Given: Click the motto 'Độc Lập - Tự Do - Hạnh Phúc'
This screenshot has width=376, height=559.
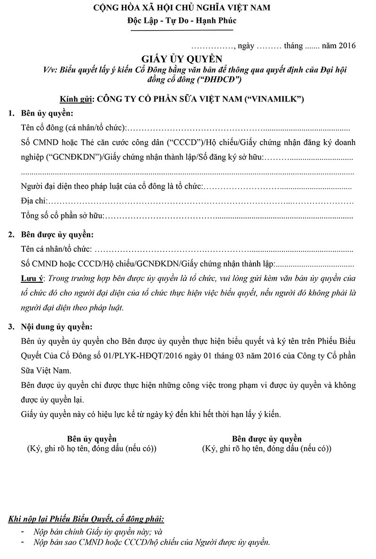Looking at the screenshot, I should click(x=181, y=21).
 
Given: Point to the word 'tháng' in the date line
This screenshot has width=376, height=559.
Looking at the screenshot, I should click(x=293, y=46).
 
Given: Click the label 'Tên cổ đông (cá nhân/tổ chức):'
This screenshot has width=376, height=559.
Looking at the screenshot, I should click(x=74, y=128).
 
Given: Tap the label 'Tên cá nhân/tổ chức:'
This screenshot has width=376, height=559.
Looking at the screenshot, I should click(x=57, y=249).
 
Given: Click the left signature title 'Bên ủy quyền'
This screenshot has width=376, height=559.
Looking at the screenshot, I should click(x=92, y=439).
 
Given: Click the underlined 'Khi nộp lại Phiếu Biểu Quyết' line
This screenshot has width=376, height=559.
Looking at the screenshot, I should click(x=86, y=519).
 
